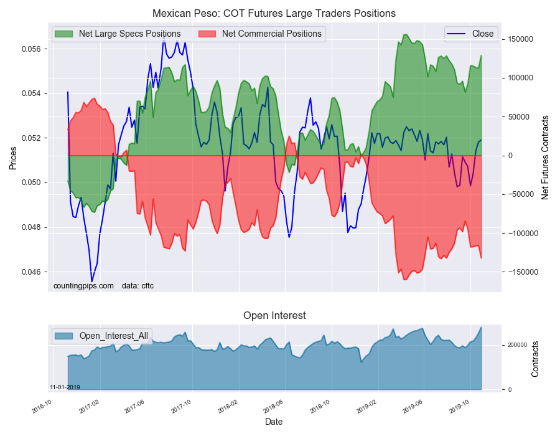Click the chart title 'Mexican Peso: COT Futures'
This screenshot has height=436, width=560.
point(274,13)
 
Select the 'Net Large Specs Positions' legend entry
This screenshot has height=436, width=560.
point(129,34)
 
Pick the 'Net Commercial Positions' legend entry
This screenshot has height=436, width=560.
point(271,34)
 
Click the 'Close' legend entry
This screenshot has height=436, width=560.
point(483,34)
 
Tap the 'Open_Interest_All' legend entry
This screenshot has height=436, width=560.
point(113,336)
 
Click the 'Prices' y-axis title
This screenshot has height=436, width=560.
point(12,158)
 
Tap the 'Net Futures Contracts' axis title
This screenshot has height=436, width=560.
point(545,157)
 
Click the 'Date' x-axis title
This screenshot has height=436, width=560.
point(274,422)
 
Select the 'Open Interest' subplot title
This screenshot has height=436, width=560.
point(274,315)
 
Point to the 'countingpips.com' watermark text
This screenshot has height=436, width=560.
point(83,286)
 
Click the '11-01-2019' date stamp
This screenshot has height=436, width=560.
point(65,387)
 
